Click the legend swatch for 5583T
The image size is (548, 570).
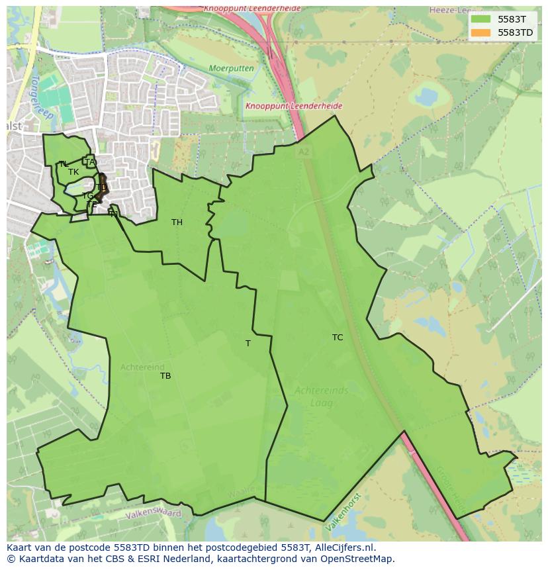click(481, 19)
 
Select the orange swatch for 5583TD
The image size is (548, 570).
click(481, 32)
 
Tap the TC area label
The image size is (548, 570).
click(338, 338)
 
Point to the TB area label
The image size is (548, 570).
click(165, 376)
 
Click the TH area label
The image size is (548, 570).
click(177, 222)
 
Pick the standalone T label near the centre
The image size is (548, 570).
click(248, 344)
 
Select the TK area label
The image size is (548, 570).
click(73, 172)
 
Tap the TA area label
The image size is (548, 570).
click(90, 162)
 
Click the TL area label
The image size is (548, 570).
click(63, 164)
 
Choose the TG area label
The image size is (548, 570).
click(87, 196)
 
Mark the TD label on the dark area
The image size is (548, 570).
click(101, 187)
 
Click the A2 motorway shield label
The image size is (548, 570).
click(304, 152)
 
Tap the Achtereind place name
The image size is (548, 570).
click(142, 367)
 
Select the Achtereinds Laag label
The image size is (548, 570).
click(321, 396)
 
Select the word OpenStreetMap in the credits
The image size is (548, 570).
click(357, 559)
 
